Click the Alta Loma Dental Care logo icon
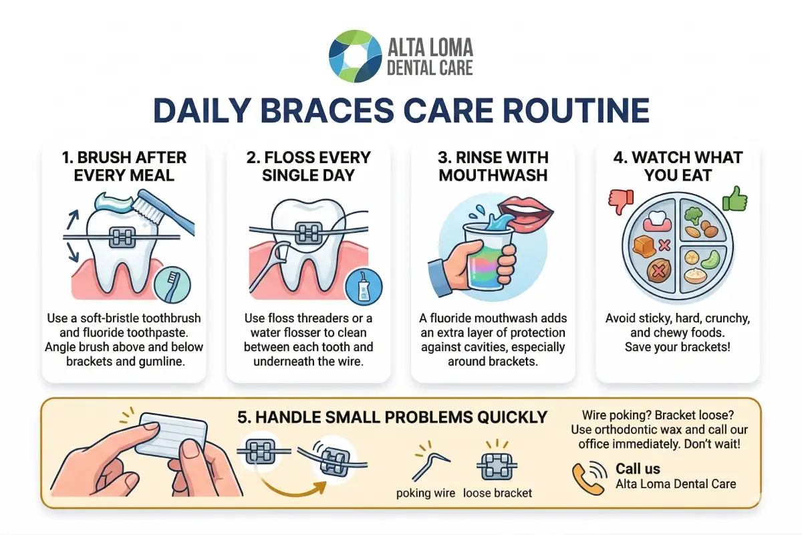(354, 56)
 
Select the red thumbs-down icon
(619, 201)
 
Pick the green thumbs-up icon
(734, 199)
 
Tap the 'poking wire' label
(426, 493)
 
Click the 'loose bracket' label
(497, 493)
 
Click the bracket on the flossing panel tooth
(308, 233)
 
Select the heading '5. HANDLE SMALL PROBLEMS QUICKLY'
(392, 417)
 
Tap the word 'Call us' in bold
(638, 468)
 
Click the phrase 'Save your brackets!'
(677, 347)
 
